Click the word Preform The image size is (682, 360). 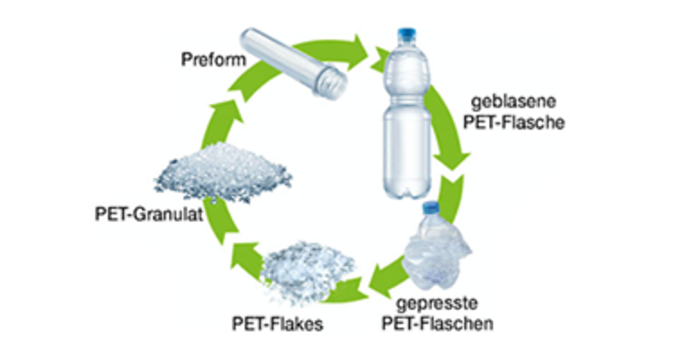tap(213, 59)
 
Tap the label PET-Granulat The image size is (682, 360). tap(149, 214)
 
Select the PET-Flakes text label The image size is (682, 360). tap(277, 324)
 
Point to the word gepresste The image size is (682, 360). tap(437, 303)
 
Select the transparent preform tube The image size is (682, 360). tap(293, 63)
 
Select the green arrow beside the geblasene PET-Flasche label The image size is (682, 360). tap(448, 128)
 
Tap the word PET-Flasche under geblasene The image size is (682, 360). tap(514, 123)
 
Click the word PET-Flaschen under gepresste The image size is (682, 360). tap(438, 324)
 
